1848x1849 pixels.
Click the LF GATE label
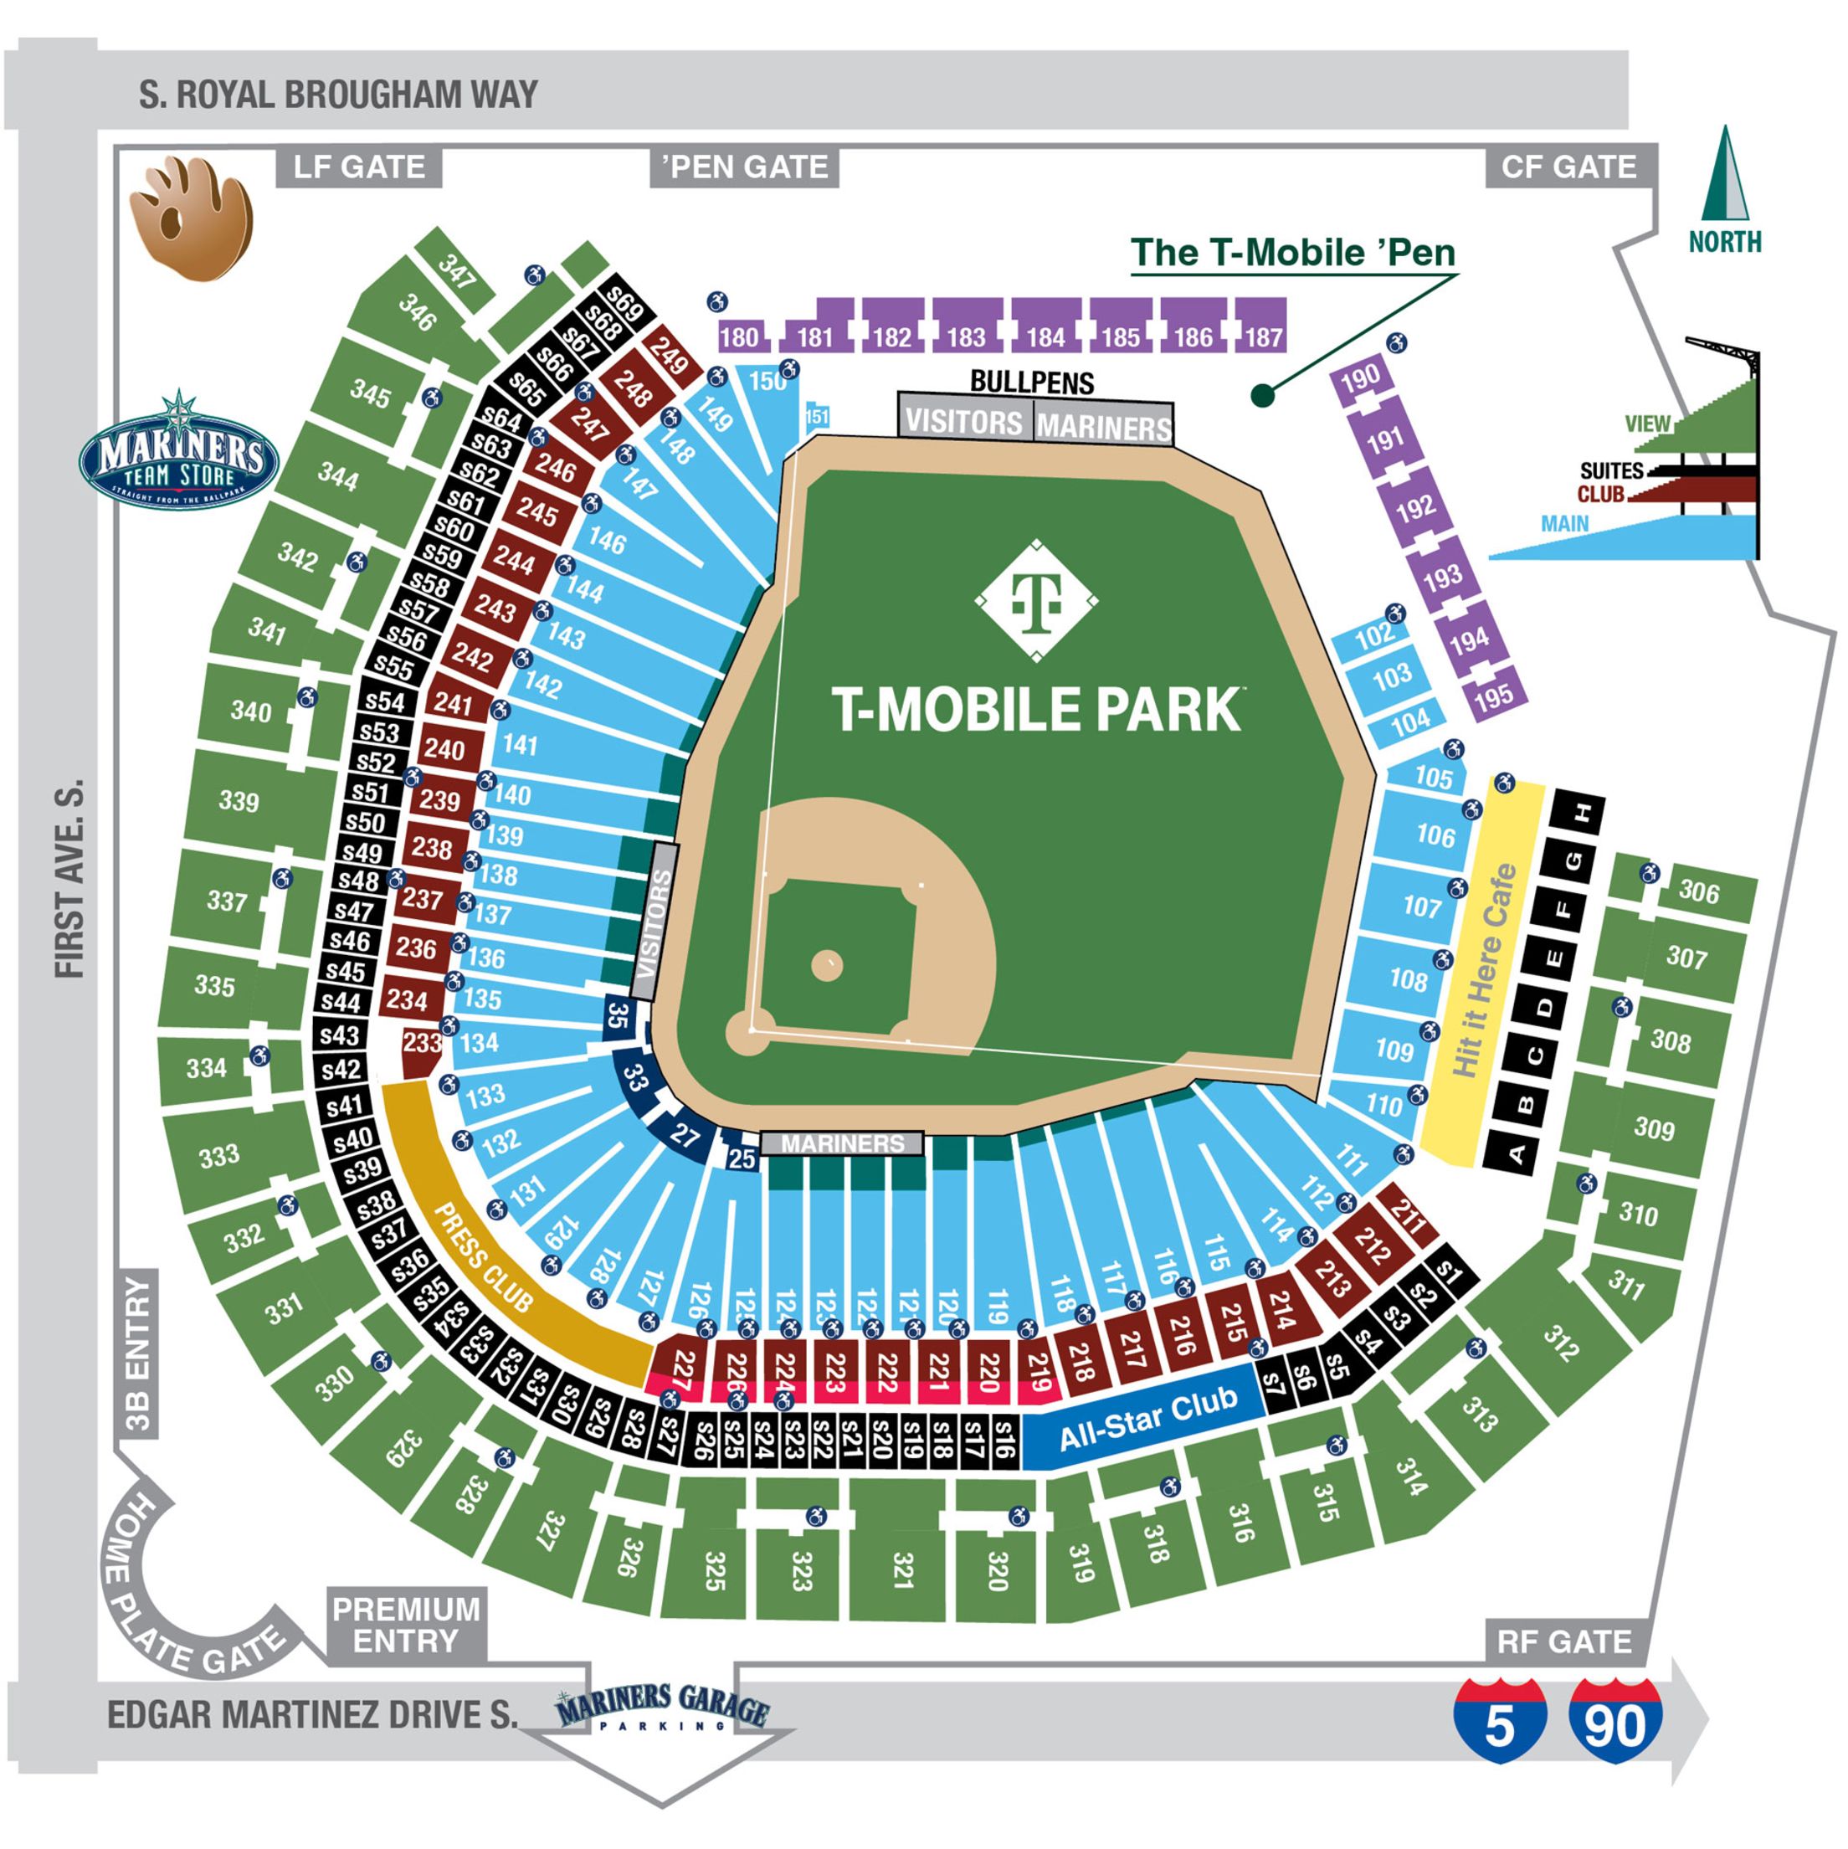point(359,167)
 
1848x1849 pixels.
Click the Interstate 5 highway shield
point(1499,1724)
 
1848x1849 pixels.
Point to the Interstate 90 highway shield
point(1616,1724)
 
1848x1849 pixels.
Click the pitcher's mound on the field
point(827,966)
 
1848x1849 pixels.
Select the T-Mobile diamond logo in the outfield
point(1036,600)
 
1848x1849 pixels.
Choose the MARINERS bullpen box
point(1103,426)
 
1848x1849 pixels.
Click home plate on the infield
point(752,1030)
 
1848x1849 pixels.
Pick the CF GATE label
point(1568,167)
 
